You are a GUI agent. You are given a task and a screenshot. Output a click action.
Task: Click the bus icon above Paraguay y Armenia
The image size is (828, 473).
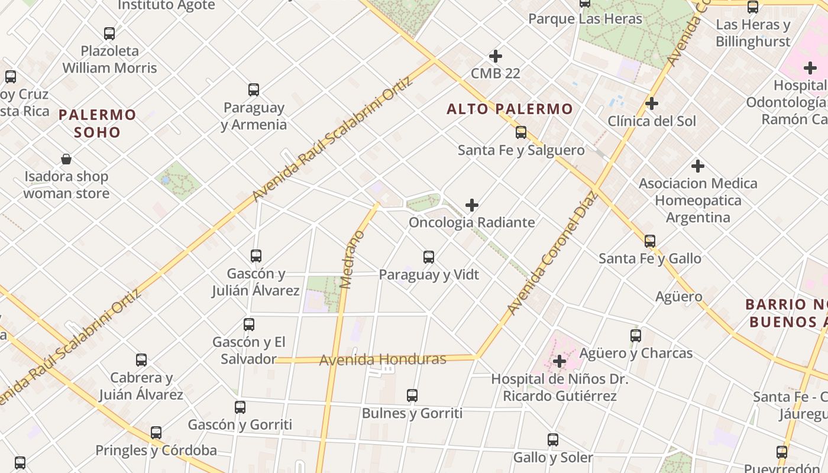click(x=254, y=90)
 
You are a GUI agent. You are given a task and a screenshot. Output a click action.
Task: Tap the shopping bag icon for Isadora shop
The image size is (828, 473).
click(x=66, y=159)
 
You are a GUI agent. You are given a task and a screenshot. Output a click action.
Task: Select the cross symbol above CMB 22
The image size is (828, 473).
click(x=496, y=56)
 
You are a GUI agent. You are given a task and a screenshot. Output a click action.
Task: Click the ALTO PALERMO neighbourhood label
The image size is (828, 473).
click(x=510, y=109)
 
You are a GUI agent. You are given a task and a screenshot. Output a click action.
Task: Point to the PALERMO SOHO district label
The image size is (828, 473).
click(x=98, y=123)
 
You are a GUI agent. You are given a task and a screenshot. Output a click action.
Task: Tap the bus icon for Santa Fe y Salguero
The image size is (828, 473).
click(x=521, y=132)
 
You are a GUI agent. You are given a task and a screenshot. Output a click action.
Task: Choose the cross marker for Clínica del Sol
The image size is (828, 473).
click(x=652, y=103)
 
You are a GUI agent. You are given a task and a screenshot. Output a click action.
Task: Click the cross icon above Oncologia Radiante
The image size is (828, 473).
click(x=472, y=205)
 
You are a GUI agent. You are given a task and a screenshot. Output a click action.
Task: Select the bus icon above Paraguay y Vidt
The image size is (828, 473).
click(x=429, y=257)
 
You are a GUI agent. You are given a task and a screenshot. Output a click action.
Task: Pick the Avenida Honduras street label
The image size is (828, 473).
click(x=383, y=359)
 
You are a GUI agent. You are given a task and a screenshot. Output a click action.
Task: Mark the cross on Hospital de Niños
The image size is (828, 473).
click(x=559, y=361)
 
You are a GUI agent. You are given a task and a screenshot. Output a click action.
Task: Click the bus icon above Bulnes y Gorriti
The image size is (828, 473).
click(x=412, y=396)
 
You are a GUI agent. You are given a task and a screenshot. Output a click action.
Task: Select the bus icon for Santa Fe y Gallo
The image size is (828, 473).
click(x=650, y=241)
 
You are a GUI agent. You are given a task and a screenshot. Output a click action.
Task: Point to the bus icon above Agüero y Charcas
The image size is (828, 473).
click(x=636, y=336)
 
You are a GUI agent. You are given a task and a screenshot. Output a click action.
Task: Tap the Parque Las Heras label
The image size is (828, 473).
click(x=585, y=19)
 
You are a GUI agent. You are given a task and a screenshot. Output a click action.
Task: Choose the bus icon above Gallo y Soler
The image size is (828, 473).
click(x=553, y=440)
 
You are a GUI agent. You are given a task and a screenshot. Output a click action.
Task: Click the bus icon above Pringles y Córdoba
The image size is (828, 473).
click(x=156, y=433)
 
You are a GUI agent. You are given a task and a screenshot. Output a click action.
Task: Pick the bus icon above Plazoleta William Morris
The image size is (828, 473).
click(x=109, y=34)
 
